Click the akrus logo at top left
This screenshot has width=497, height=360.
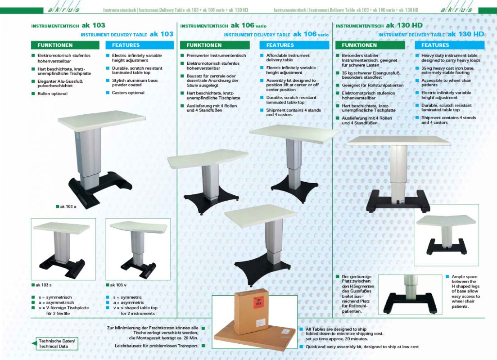pyautogui.click(x=62, y=9)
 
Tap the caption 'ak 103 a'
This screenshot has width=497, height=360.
pyautogui.click(x=68, y=207)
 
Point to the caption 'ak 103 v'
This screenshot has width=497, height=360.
pyautogui.click(x=117, y=285)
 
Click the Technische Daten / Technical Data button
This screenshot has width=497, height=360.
pyautogui.click(x=55, y=343)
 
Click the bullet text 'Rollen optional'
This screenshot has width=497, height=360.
pyautogui.click(x=52, y=94)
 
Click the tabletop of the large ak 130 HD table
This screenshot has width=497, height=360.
pyautogui.click(x=398, y=140)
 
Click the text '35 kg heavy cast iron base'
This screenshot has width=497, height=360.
pyautogui.click(x=448, y=70)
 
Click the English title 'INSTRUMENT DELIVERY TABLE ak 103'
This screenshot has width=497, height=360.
pyautogui.click(x=127, y=34)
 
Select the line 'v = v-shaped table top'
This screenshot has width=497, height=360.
pyautogui.click(x=135, y=308)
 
